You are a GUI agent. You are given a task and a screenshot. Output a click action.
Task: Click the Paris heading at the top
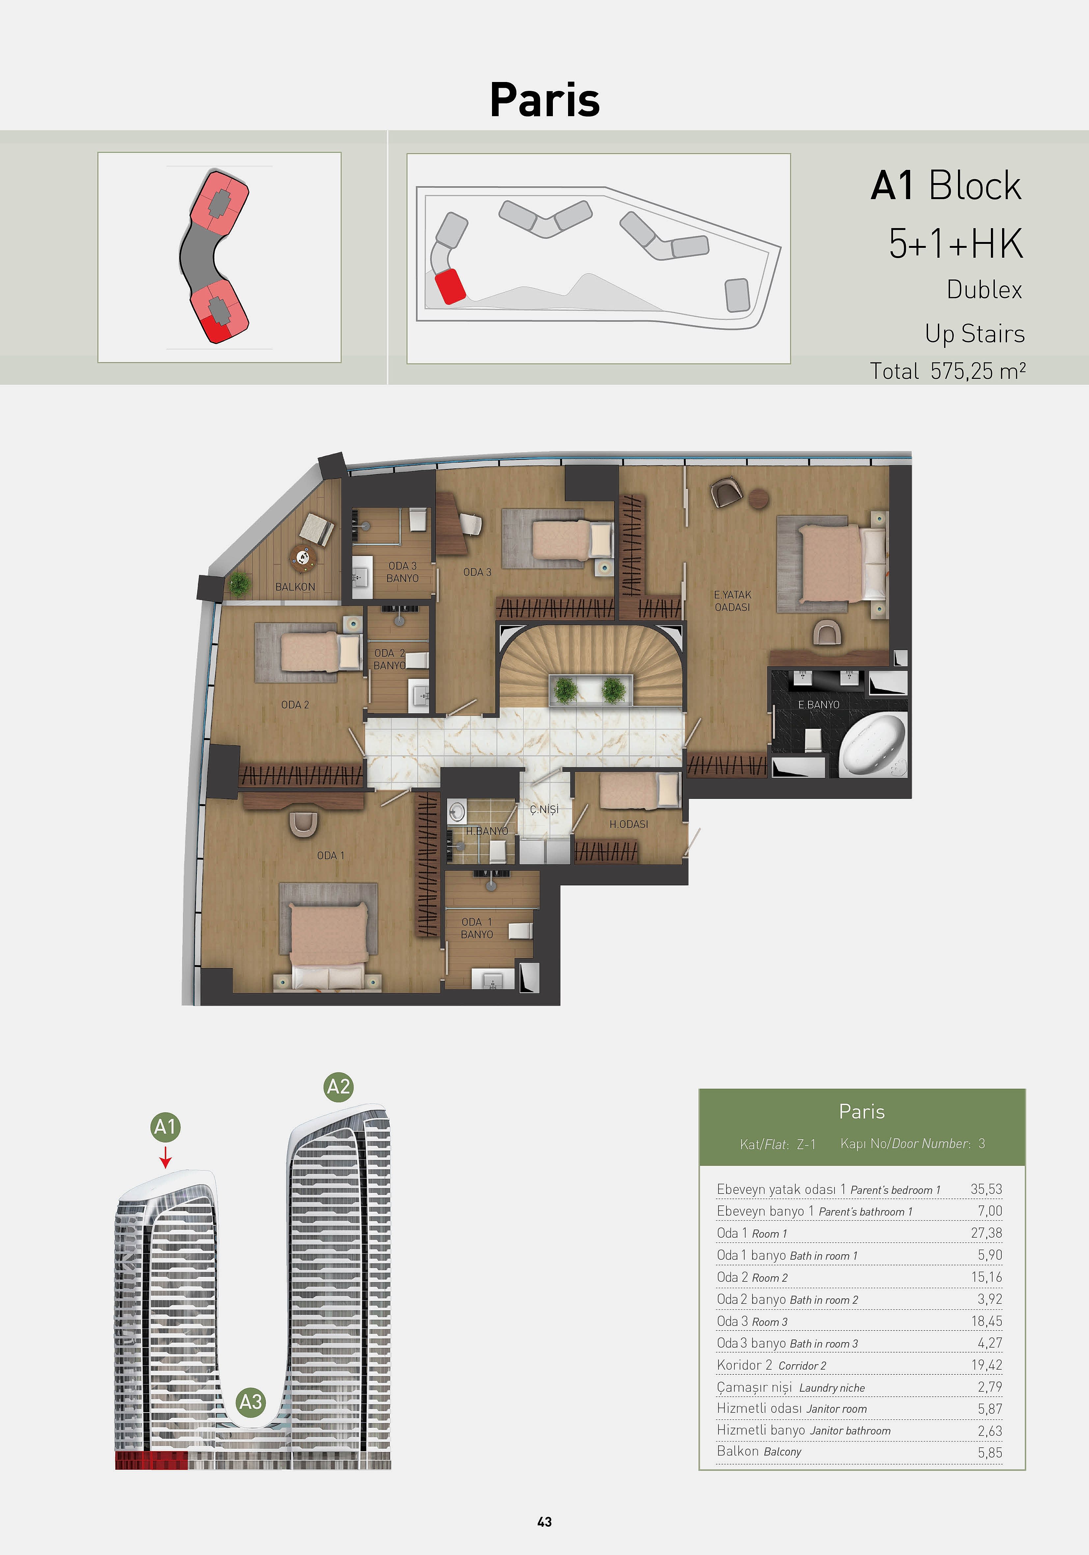(x=545, y=99)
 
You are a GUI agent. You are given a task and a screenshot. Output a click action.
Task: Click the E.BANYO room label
(x=819, y=704)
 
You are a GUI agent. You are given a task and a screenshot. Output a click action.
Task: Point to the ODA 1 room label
(x=331, y=856)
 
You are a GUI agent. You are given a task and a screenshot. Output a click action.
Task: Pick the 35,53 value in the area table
(x=986, y=1189)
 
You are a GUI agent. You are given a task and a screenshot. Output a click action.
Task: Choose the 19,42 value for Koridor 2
(x=987, y=1365)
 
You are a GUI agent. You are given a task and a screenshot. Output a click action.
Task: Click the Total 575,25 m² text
(x=947, y=371)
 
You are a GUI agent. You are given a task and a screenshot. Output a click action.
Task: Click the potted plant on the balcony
(x=238, y=583)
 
